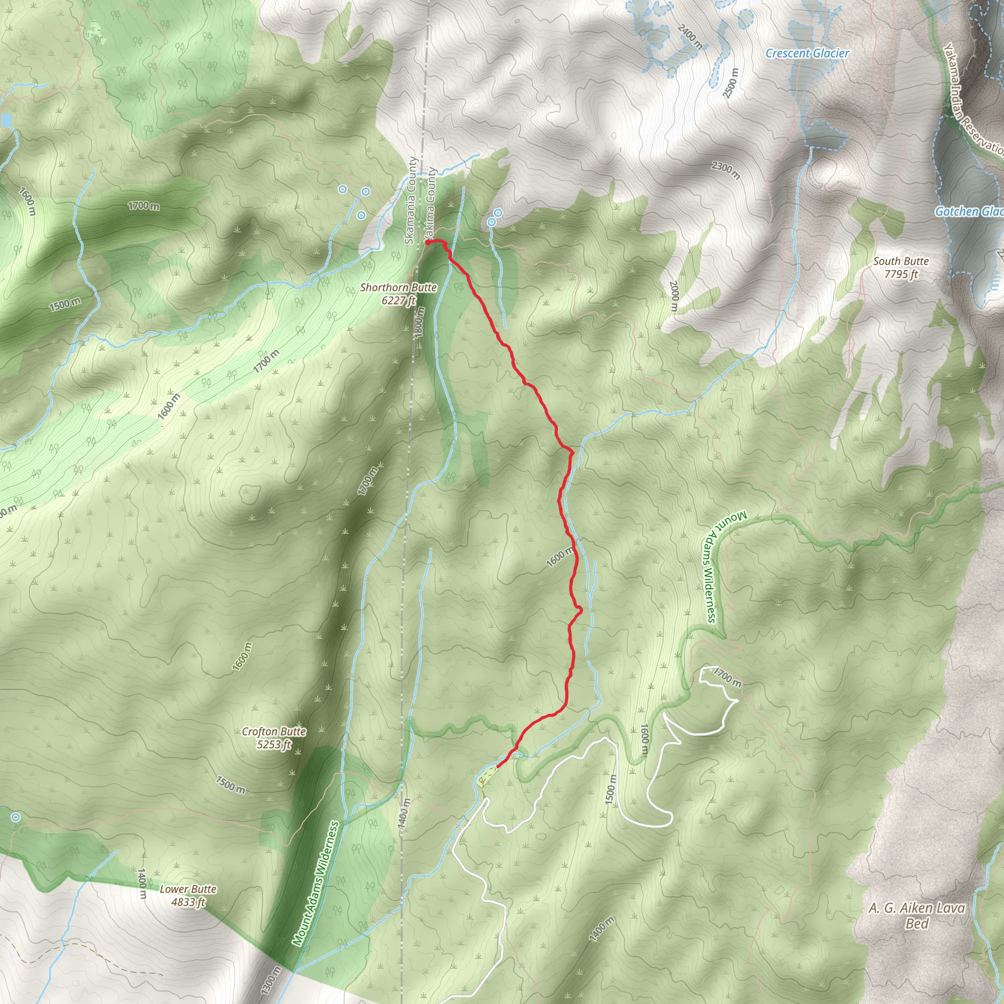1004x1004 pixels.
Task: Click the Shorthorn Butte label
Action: (x=398, y=294)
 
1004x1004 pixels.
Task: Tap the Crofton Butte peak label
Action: (x=274, y=738)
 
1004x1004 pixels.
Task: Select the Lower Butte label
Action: (x=188, y=895)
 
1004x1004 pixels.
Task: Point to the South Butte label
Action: (x=901, y=268)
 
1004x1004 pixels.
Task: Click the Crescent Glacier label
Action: (x=807, y=53)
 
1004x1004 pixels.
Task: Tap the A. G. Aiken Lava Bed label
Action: (x=916, y=916)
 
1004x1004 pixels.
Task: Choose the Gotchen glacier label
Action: (x=969, y=211)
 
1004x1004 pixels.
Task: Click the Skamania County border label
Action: (x=410, y=201)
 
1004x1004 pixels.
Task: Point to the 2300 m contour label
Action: (x=726, y=170)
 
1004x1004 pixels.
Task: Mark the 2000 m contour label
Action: (x=674, y=296)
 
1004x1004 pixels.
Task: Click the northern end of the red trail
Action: (x=427, y=242)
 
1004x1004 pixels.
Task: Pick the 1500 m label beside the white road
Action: (x=611, y=789)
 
